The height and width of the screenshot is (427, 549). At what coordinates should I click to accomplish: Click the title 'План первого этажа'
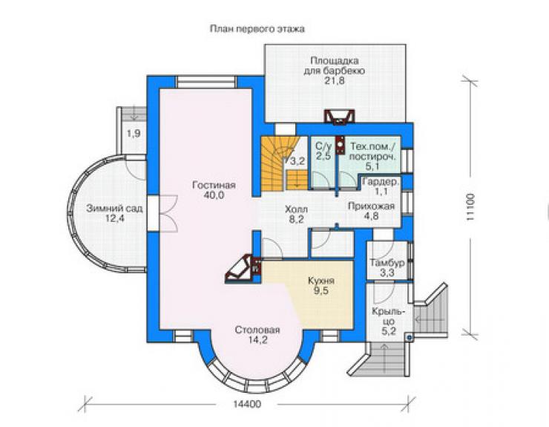[x=257, y=29]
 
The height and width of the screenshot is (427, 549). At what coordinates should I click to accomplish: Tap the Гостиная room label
[x=214, y=185]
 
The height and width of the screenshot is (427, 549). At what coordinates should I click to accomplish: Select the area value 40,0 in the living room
[x=214, y=195]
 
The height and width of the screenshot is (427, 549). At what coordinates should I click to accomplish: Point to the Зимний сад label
[x=114, y=209]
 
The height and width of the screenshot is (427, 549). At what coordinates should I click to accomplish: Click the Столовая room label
[x=257, y=330]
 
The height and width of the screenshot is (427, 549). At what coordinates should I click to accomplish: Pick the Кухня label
[x=321, y=281]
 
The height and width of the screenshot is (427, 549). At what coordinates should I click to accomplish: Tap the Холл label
[x=296, y=209]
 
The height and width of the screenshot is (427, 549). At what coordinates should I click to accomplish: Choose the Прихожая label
[x=371, y=206]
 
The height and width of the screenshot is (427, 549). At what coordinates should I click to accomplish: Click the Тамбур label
[x=387, y=263]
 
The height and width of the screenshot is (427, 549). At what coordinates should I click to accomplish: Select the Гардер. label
[x=381, y=182]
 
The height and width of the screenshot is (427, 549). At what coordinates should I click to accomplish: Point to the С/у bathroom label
[x=323, y=146]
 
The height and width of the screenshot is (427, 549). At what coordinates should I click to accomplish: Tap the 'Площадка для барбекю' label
[x=334, y=65]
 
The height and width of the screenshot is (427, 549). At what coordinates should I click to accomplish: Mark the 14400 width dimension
[x=247, y=404]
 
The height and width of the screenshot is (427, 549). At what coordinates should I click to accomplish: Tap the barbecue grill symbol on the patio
[x=339, y=117]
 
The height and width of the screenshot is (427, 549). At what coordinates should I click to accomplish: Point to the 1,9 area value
[x=134, y=133]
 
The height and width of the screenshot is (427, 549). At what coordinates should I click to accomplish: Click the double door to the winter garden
[x=169, y=214]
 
